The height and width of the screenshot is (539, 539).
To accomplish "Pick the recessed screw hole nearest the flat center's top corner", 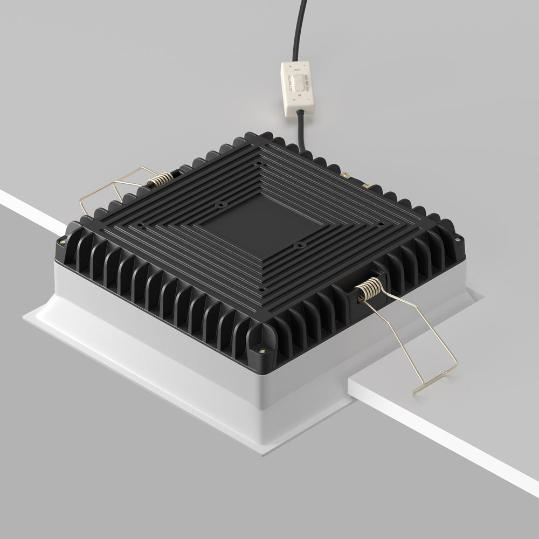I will (x=220, y=205).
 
